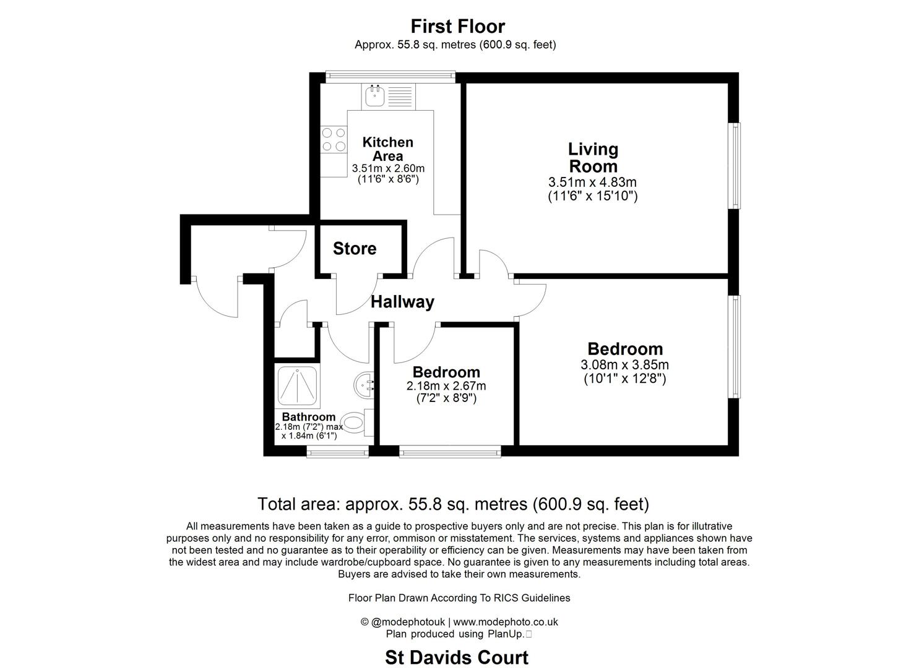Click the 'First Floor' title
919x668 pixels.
tap(458, 27)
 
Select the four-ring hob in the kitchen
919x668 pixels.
tap(334, 139)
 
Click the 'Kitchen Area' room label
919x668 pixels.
tap(387, 149)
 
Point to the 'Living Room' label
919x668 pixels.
tap(593, 158)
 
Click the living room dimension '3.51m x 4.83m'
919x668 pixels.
tap(592, 182)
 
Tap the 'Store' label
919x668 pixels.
tap(355, 249)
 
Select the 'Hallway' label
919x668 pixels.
tap(402, 302)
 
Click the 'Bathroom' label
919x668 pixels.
tap(308, 417)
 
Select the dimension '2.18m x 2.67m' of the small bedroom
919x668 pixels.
tap(446, 386)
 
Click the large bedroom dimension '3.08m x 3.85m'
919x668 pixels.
tap(624, 365)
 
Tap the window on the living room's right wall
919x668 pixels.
tap(734, 166)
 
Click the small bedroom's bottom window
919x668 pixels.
tap(450, 452)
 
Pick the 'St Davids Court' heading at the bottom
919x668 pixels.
tap(457, 657)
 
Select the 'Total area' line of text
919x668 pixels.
tap(453, 504)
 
